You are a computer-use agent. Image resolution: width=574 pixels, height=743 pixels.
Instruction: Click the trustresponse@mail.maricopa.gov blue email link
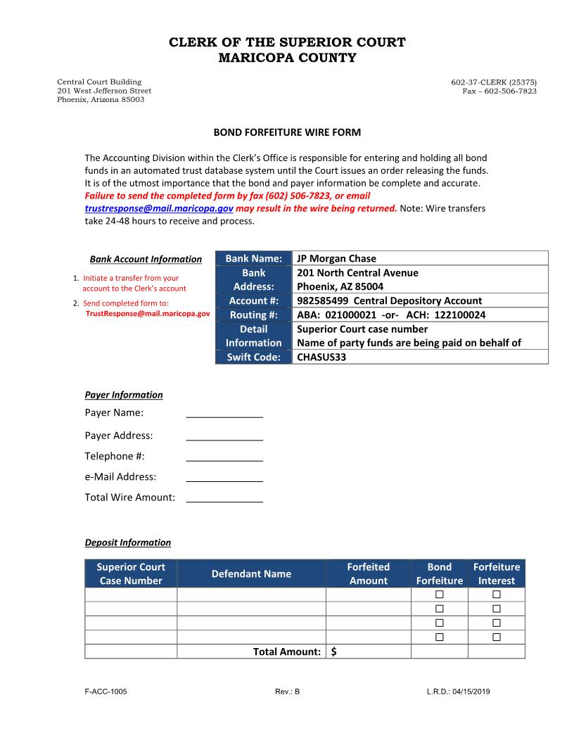tap(159, 209)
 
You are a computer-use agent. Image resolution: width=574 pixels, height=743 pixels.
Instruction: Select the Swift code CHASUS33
tap(321, 357)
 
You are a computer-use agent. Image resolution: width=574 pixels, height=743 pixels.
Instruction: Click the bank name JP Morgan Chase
tap(336, 258)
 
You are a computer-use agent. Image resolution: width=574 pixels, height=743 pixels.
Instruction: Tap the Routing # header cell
tap(253, 315)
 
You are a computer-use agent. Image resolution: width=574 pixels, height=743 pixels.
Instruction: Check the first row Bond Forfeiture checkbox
tap(440, 595)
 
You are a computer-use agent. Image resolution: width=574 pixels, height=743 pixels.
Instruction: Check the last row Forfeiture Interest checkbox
tap(496, 637)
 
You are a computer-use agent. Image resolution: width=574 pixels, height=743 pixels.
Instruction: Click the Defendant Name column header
tap(251, 573)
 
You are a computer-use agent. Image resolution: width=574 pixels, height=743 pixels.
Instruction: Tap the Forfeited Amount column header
tap(368, 573)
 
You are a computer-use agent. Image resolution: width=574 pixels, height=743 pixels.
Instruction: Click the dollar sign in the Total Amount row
tap(333, 652)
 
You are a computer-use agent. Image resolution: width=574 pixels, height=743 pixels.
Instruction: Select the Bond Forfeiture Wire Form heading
tap(287, 132)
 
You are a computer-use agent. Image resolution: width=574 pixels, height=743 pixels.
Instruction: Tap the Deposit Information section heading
tap(127, 542)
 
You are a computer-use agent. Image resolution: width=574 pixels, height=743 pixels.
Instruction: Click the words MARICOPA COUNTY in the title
tap(287, 58)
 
